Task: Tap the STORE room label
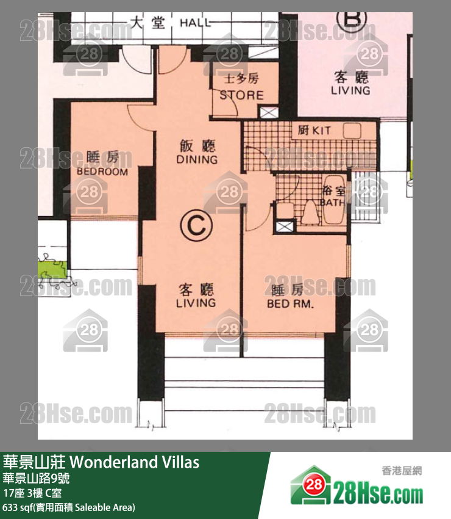241,95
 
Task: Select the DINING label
197,159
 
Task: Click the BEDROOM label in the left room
102,172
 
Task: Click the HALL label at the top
196,23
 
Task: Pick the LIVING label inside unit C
196,303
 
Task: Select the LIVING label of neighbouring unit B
350,90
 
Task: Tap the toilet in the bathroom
309,211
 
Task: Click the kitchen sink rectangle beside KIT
352,130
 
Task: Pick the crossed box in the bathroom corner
284,227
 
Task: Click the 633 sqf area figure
18,507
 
